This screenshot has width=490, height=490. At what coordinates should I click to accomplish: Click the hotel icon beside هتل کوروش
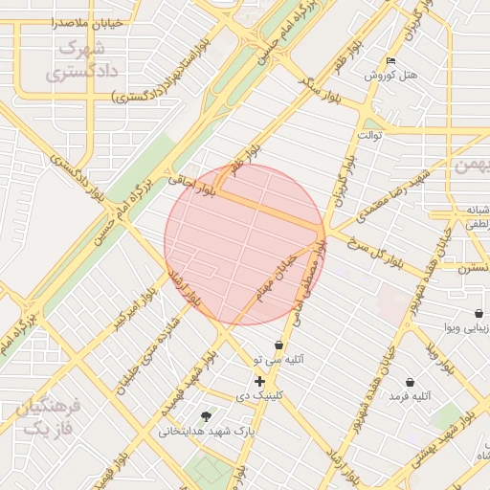pyautogui.click(x=389, y=61)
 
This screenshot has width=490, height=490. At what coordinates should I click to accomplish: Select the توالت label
pyautogui.click(x=369, y=135)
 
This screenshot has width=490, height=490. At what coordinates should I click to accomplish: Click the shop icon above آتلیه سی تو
pyautogui.click(x=278, y=345)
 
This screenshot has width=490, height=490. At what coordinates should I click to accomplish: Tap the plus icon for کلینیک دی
pyautogui.click(x=259, y=381)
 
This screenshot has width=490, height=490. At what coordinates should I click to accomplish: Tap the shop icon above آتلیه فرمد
pyautogui.click(x=411, y=382)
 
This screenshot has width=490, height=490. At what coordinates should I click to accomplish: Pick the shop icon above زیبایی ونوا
pyautogui.click(x=478, y=313)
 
